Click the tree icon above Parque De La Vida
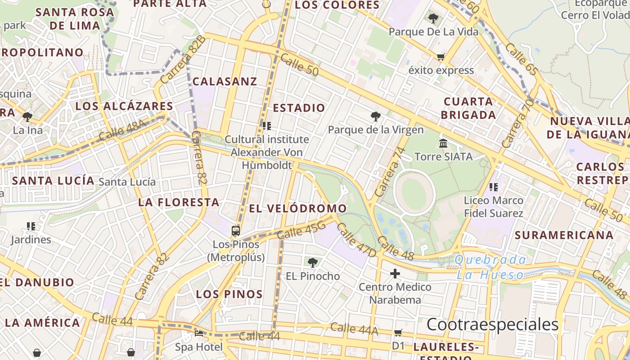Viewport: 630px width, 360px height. [x=433, y=18]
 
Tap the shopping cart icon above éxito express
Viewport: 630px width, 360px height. [x=441, y=57]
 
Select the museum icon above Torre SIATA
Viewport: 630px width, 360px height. [x=443, y=144]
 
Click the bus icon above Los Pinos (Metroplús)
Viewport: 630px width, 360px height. [x=235, y=231]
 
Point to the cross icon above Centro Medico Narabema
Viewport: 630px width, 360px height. [x=395, y=273]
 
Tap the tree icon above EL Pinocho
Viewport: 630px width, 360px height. [x=312, y=262]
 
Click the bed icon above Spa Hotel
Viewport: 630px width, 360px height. [x=198, y=333]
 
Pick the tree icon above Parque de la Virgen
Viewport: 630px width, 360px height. [x=375, y=117]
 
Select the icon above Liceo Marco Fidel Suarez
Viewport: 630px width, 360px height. [x=493, y=187]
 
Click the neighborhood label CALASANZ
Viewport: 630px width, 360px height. [x=225, y=81]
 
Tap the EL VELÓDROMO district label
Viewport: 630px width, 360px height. [x=298, y=208]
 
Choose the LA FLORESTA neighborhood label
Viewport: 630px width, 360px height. [x=179, y=202]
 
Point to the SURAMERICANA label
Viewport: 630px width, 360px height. [x=564, y=235]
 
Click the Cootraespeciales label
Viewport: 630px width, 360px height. [x=492, y=324]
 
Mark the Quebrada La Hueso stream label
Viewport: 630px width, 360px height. [x=490, y=267]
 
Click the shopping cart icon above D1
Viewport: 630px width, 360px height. [x=398, y=333]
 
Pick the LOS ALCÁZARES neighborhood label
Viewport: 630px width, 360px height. [x=124, y=106]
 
